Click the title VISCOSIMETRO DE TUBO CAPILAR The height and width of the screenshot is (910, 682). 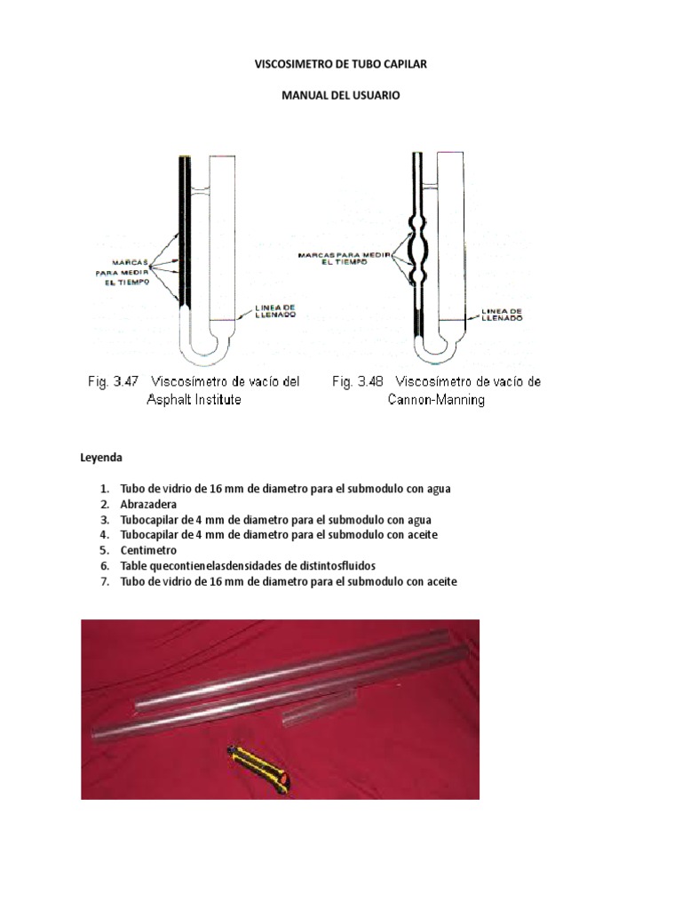(x=341, y=65)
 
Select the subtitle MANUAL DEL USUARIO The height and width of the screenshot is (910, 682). (x=341, y=96)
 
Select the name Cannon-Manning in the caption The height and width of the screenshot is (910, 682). (x=437, y=400)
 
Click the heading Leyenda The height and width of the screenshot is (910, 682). (x=102, y=459)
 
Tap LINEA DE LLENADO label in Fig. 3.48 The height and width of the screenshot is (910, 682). (x=501, y=314)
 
